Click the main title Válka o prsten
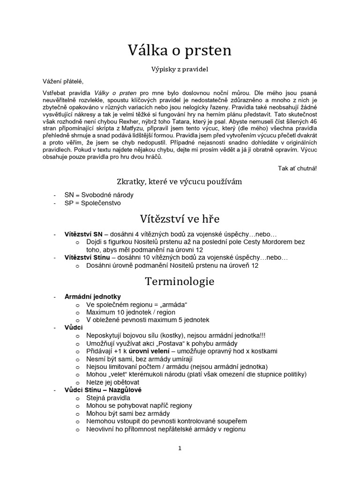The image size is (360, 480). coord(180,50)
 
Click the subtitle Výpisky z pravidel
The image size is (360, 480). coord(180,69)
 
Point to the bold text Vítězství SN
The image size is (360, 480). coord(83,233)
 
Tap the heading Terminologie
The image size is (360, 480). coord(180,282)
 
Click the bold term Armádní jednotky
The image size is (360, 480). coord(92,296)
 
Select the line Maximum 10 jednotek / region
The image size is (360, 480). coord(131,312)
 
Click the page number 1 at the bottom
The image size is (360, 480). coord(180,448)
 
